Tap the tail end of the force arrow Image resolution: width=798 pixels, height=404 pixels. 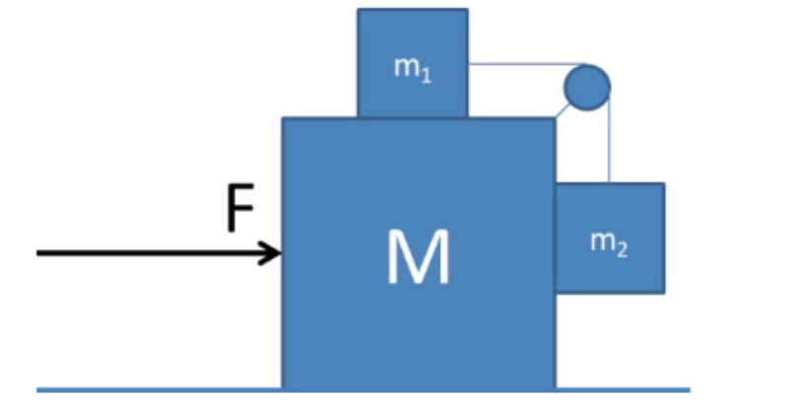(x=39, y=253)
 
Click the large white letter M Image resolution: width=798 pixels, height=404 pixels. (x=419, y=257)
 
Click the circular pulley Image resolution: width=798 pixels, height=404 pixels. (x=586, y=87)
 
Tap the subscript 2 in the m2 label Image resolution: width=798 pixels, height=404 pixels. (x=623, y=247)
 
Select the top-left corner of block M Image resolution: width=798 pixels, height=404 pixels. (x=284, y=119)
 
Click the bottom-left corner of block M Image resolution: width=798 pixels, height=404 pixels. (x=284, y=388)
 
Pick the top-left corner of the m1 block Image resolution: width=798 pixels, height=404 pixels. (x=359, y=10)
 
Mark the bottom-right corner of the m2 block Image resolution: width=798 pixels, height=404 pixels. (x=663, y=292)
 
